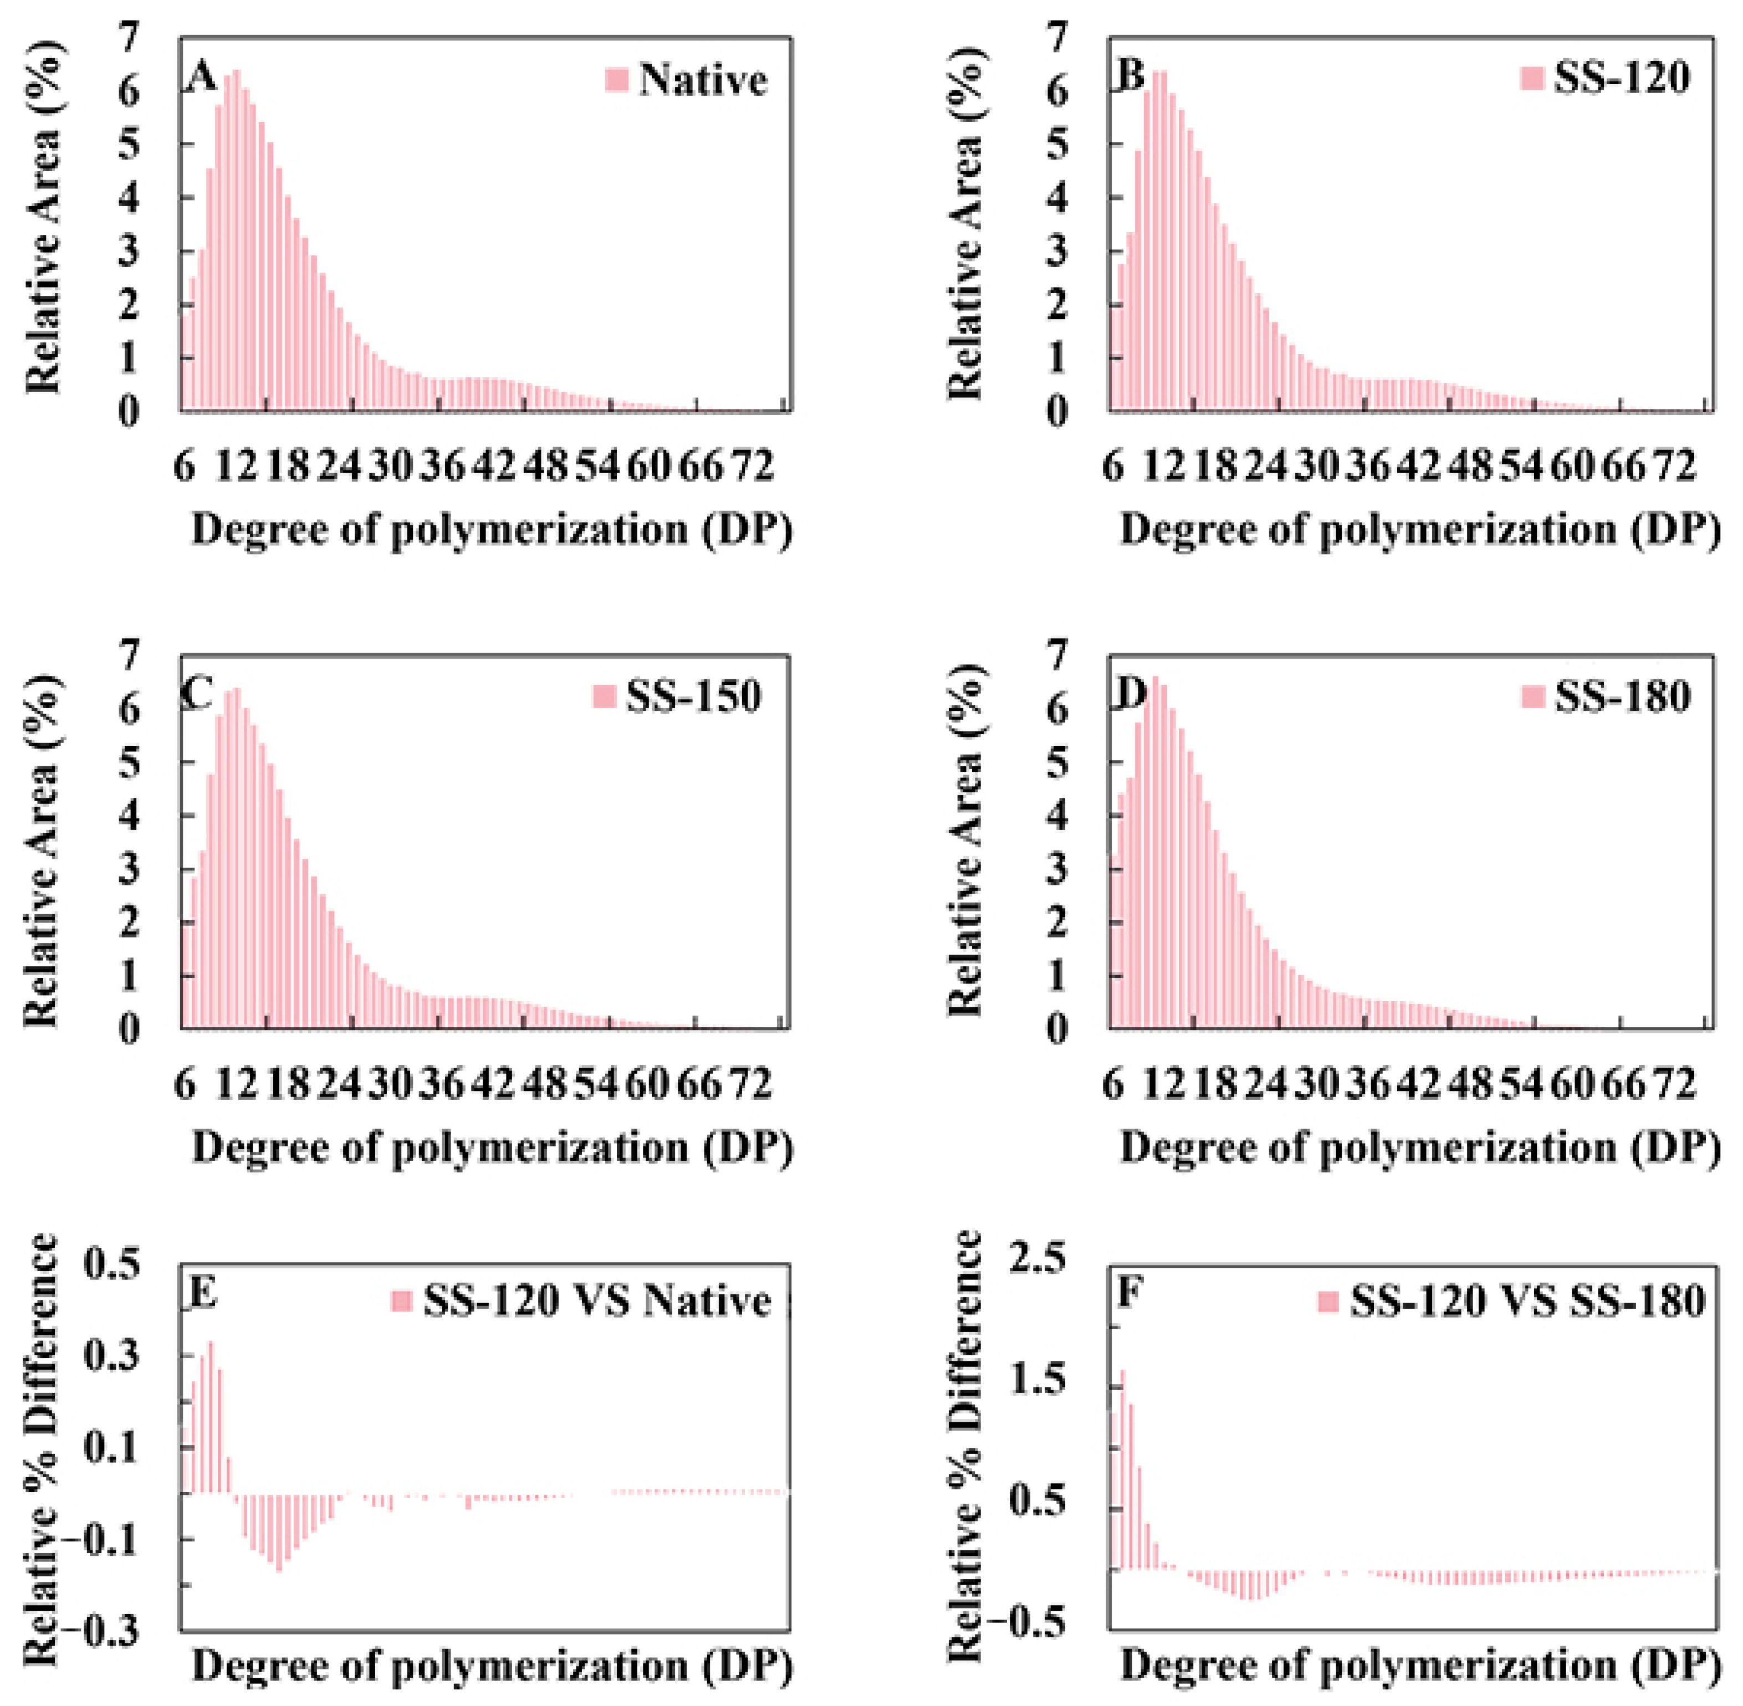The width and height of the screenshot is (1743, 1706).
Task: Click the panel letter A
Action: click(x=202, y=79)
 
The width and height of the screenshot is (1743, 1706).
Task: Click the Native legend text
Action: click(x=703, y=81)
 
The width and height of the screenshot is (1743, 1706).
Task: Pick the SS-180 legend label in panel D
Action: click(x=1622, y=696)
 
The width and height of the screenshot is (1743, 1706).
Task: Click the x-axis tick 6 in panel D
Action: click(x=1113, y=1085)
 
